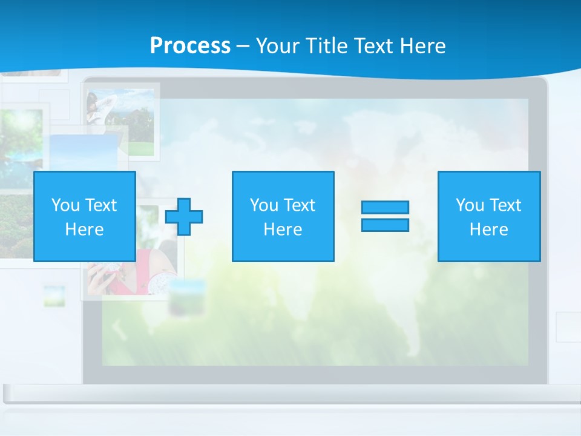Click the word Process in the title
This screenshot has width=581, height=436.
190,45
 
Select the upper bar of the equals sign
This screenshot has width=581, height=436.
385,207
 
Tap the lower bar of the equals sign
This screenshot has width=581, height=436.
385,225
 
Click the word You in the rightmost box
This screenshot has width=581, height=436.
470,205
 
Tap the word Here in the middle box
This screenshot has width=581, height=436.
283,230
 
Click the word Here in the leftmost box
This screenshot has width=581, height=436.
85,230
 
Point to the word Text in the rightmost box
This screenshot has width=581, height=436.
505,205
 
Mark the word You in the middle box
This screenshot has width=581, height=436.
264,205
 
